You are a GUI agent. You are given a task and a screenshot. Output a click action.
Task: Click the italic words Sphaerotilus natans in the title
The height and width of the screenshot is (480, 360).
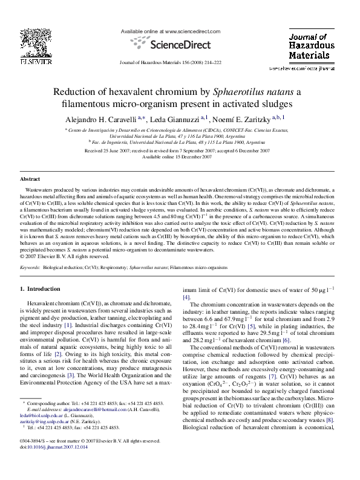tap(253, 92)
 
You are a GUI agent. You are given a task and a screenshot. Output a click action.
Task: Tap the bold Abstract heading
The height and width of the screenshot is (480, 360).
tap(30, 180)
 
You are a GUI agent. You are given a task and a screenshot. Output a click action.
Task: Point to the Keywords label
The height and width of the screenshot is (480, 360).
tap(31, 267)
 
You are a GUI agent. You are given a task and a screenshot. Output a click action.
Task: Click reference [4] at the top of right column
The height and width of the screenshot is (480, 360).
tap(186, 297)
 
